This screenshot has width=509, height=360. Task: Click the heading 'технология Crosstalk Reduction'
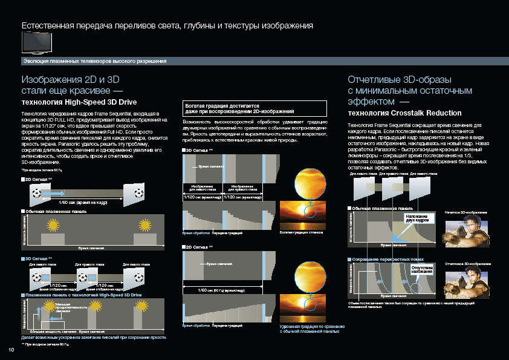[404, 113]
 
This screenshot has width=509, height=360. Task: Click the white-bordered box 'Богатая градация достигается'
[254, 108]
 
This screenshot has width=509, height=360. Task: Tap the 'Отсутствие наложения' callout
[423, 269]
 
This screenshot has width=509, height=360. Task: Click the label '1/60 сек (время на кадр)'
[84, 202]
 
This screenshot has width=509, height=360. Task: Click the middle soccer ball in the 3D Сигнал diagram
[84, 277]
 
